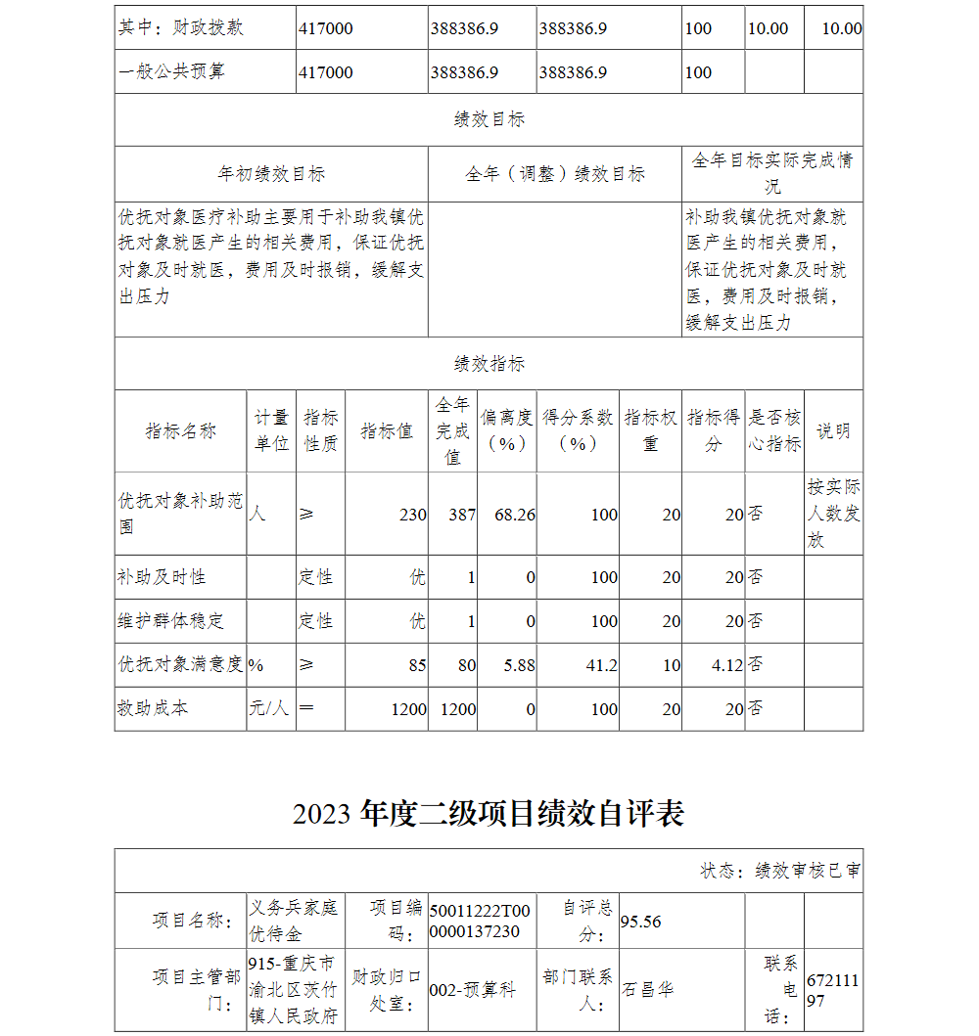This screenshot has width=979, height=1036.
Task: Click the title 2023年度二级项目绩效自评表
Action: pos(489,814)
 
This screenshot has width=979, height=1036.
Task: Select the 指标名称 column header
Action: pos(180,431)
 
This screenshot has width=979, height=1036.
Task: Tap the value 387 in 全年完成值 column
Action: pos(462,515)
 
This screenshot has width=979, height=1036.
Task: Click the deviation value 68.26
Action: pos(515,515)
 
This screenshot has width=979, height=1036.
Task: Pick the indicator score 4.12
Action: pos(727,665)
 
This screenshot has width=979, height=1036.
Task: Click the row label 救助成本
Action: pos(154,708)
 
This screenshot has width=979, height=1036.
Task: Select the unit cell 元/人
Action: pos(269,708)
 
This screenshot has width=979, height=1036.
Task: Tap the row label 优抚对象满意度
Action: pos(180,664)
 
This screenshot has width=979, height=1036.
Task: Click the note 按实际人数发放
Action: pos(833,514)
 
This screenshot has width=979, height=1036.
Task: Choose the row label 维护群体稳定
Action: pos(171,621)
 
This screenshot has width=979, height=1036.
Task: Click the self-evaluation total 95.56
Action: pos(641,922)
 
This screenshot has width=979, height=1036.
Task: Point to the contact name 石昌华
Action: pos(647,990)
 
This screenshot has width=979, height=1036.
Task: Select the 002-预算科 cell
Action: pos(472,990)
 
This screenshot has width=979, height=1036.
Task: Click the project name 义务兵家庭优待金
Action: pos(294,921)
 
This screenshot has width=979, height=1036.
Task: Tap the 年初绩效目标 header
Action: pos(271,174)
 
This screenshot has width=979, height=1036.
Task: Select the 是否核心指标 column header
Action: pos(774,431)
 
